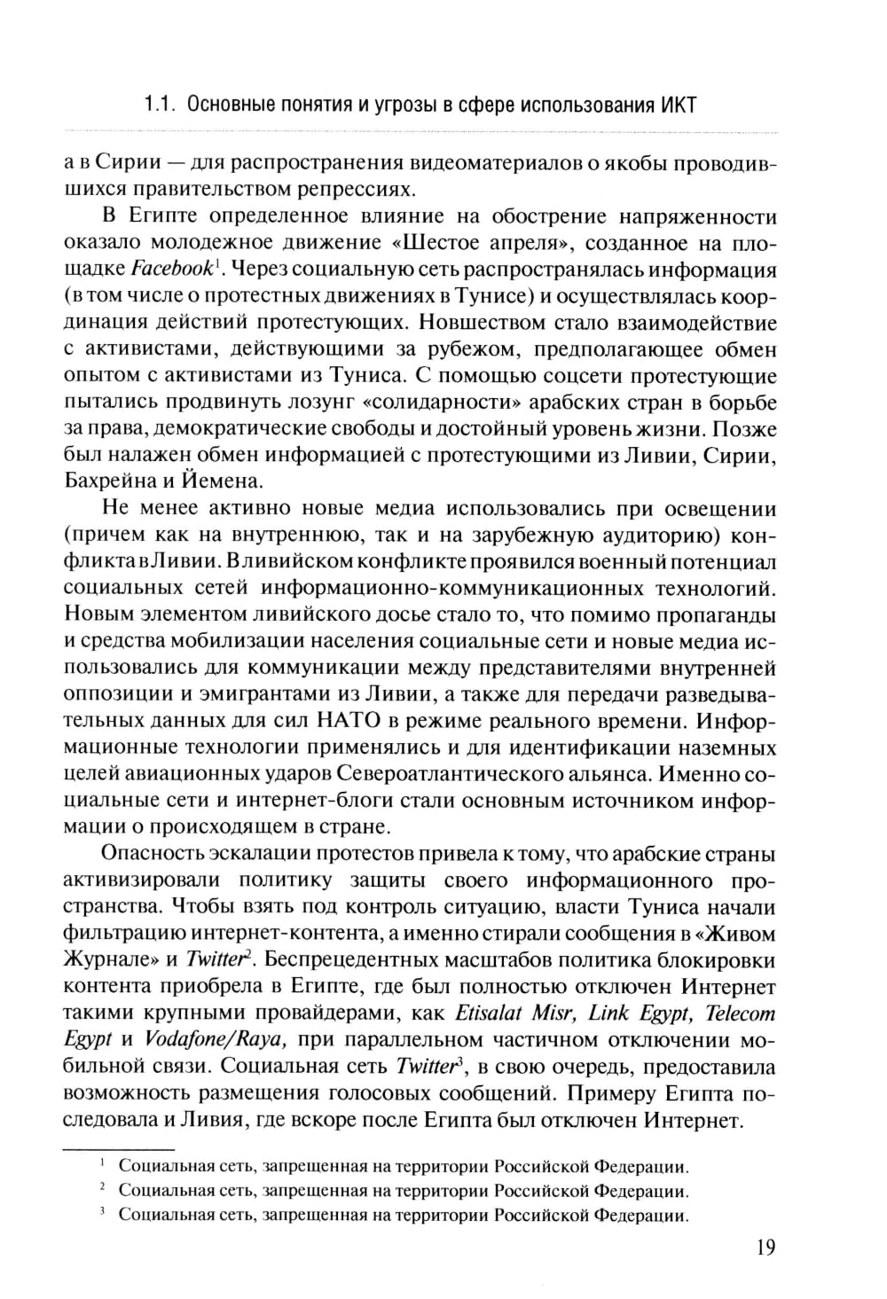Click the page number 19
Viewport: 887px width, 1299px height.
pyautogui.click(x=765, y=1249)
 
